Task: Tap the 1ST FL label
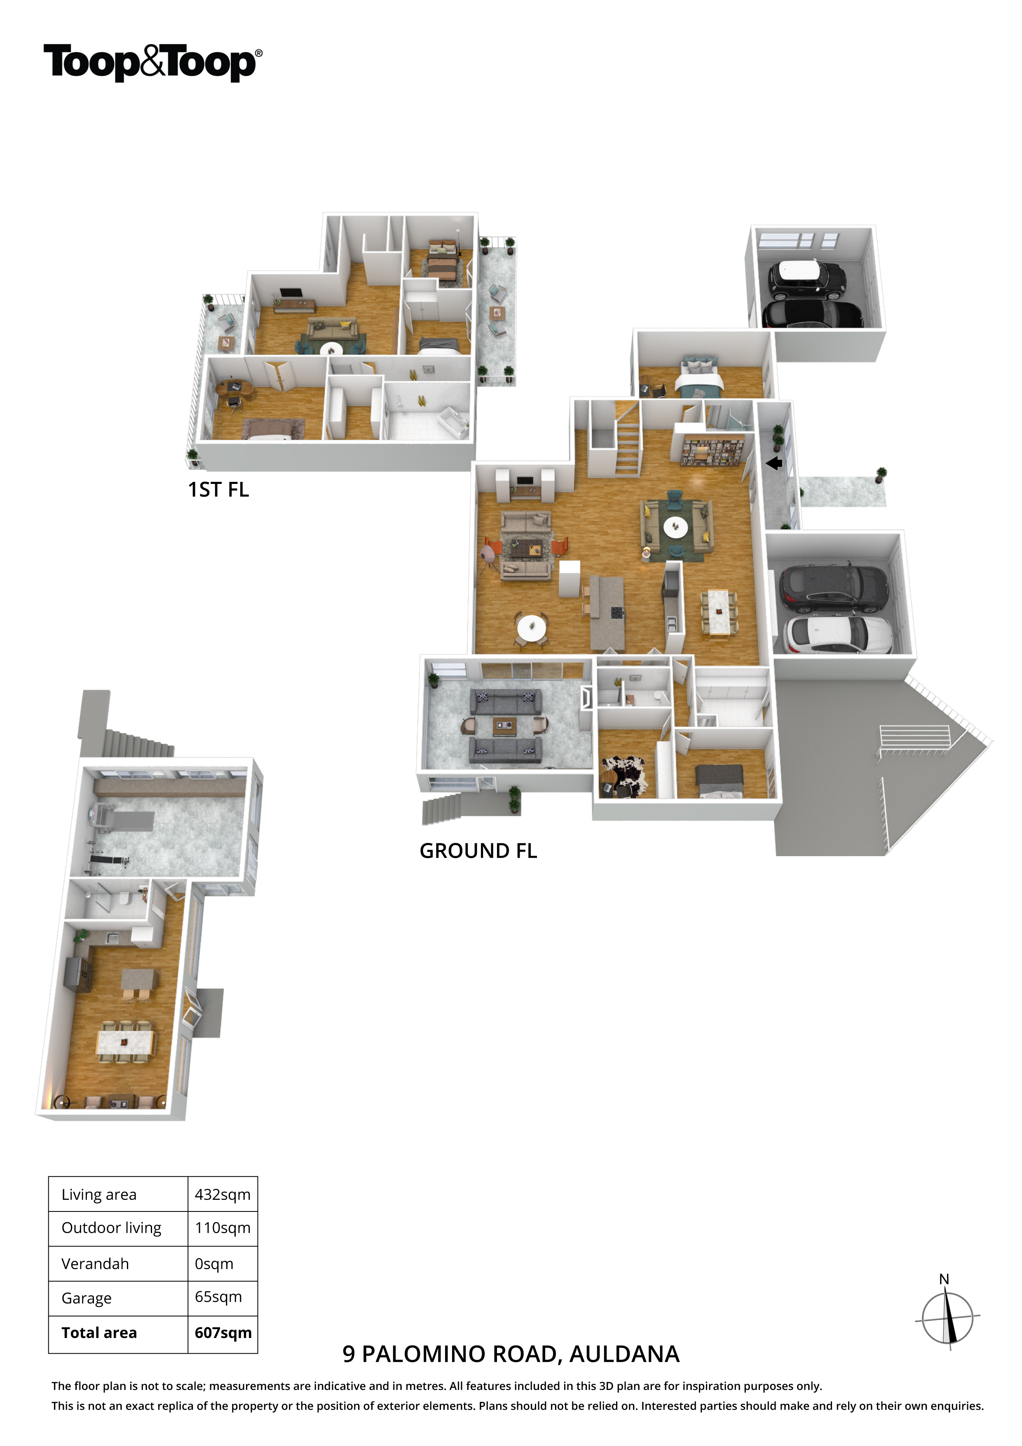pos(218,490)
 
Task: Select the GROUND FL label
pos(478,851)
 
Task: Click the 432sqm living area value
pos(222,1195)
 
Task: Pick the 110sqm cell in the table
pos(222,1228)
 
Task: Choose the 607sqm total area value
pos(223,1333)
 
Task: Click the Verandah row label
pos(95,1264)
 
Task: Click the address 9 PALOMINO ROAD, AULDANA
pos(511,1354)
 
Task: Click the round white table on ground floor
pos(532,627)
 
